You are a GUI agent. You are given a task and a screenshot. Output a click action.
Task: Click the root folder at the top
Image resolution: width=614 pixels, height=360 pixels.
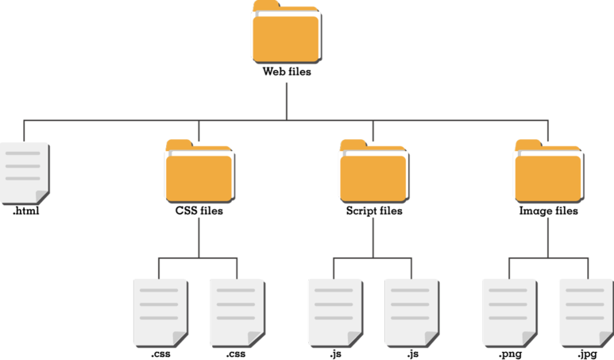(x=286, y=36)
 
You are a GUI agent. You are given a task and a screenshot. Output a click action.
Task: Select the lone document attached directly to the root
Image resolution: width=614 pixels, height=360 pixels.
(x=23, y=172)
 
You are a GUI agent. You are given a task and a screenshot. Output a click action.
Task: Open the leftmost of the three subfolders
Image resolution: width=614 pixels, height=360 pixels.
(x=199, y=172)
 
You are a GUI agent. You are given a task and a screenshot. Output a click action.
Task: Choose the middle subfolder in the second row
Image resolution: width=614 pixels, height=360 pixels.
(x=373, y=172)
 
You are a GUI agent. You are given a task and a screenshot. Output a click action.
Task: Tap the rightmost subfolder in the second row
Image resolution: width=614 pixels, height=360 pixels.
(x=548, y=172)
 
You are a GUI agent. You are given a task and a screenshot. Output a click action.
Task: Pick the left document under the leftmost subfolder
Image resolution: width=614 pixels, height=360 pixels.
(x=160, y=312)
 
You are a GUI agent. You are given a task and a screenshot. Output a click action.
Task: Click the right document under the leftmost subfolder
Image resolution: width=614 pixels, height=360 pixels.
(x=237, y=312)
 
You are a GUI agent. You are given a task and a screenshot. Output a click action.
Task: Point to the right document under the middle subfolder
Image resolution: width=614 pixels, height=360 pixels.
(x=411, y=312)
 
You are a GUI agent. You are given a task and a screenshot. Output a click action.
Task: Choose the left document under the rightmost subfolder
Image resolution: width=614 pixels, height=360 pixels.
(x=509, y=312)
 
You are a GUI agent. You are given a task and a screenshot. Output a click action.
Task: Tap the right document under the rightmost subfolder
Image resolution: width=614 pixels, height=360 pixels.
(x=586, y=312)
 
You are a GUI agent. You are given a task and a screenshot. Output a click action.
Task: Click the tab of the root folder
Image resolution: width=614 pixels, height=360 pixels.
(x=265, y=8)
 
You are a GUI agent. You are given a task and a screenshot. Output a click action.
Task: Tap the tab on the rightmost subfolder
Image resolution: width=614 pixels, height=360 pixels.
(x=527, y=144)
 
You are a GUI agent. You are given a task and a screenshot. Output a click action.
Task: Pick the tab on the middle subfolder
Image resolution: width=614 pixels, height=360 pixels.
(x=353, y=144)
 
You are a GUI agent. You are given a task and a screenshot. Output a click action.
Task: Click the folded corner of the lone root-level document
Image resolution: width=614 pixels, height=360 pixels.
(x=42, y=198)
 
